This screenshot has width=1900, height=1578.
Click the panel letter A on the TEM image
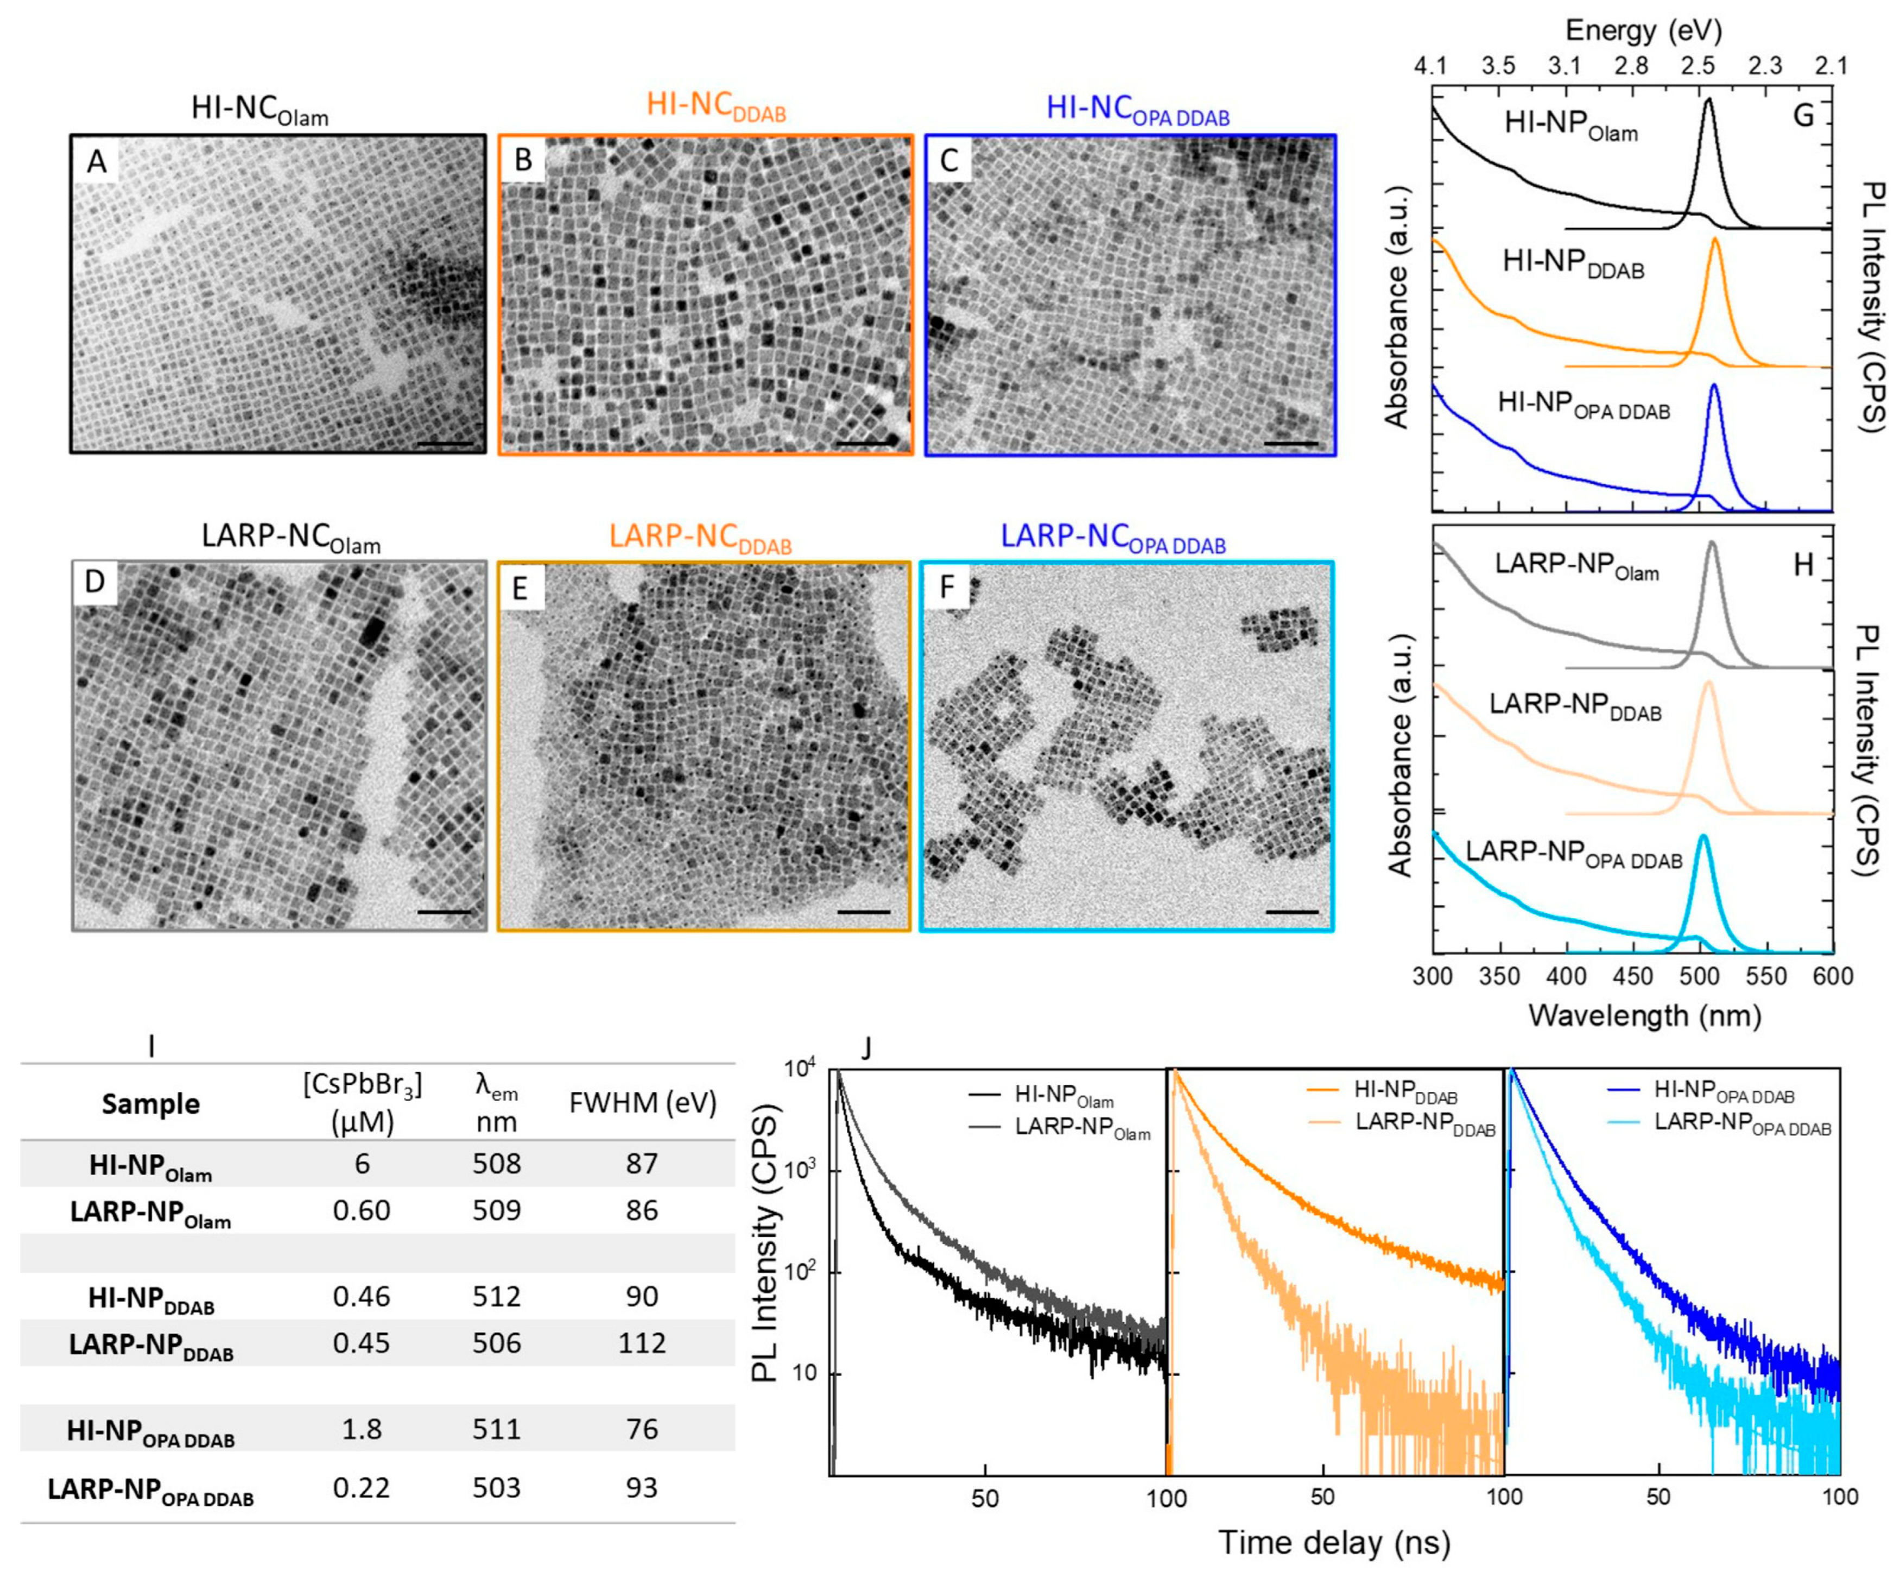(x=96, y=161)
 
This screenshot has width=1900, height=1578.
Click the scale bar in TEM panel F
(x=1292, y=911)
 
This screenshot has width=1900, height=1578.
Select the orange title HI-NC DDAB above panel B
(x=715, y=108)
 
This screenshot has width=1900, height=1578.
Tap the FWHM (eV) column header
(x=642, y=1102)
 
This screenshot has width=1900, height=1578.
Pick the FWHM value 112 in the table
(x=642, y=1343)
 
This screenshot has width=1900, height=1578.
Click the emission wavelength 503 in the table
(x=497, y=1487)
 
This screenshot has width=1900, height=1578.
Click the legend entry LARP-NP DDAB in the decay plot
(x=1424, y=1124)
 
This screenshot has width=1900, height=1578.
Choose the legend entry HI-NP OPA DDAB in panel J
(x=1724, y=1091)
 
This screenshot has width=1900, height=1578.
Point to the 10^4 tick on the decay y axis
(x=799, y=1070)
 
